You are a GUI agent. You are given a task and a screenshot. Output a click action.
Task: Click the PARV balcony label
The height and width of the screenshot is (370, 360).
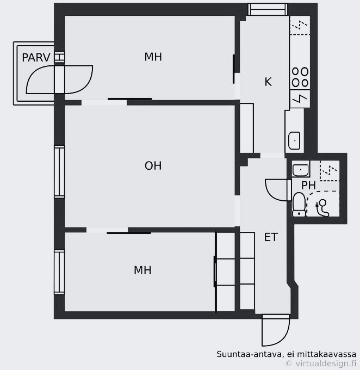coord(36,58)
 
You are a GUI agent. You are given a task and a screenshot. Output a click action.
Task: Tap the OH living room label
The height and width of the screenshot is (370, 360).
coord(153,166)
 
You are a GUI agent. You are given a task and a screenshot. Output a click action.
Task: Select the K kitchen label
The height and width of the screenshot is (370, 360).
coord(268,82)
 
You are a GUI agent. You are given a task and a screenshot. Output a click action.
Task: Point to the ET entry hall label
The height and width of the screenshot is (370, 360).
coord(271,237)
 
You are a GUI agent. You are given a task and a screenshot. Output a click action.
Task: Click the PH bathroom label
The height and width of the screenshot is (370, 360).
coord(308,186)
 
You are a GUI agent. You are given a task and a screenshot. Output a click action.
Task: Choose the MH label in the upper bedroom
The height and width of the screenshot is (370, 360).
coord(153,57)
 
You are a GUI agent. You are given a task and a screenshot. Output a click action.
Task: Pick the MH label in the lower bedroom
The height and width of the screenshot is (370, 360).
coord(142,270)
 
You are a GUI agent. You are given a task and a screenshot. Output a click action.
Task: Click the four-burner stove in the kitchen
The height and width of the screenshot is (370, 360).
coord(300,77)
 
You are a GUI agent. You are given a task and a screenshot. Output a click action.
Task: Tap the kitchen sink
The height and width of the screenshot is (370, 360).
coord(294,140)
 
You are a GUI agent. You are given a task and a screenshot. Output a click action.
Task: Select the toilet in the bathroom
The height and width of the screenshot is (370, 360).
coord(299,205)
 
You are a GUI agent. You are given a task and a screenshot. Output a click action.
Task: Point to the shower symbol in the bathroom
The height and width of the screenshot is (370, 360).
coord(322,208)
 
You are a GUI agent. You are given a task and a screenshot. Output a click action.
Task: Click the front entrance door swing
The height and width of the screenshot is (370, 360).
coord(276,330)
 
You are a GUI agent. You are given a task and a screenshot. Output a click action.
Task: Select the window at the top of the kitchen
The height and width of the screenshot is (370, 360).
coord(268,9)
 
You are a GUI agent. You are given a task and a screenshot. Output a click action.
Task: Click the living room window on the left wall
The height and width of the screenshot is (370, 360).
coord(59,171)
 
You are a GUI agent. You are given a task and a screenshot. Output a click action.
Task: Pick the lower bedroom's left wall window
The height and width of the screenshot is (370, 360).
coord(59,272)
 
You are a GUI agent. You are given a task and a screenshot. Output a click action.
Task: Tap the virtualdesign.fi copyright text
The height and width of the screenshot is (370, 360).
coord(321,363)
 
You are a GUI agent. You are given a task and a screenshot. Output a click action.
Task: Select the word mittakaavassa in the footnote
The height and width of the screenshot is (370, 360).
coord(326,354)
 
